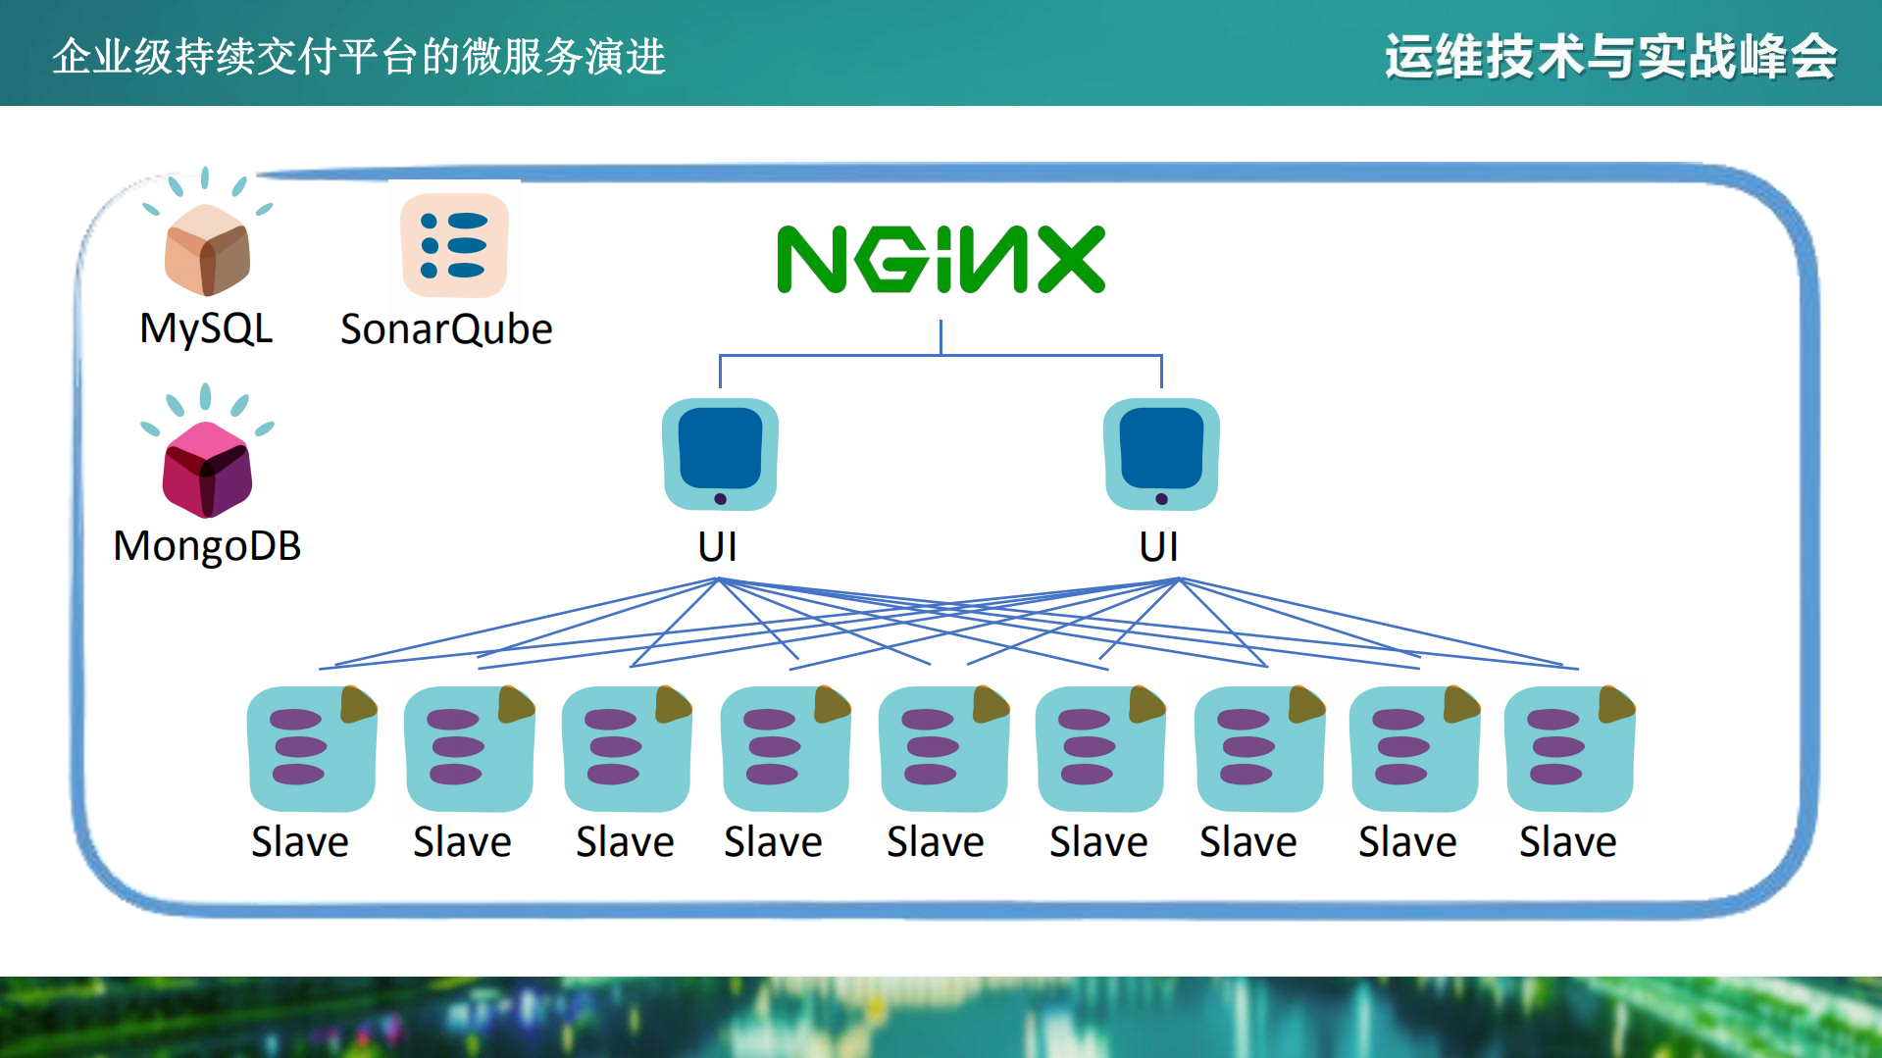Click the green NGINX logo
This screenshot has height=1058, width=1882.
pyautogui.click(x=941, y=259)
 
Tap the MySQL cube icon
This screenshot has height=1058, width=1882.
pyautogui.click(x=207, y=249)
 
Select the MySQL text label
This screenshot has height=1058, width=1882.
pyautogui.click(x=206, y=328)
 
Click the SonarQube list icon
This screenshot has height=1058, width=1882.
pyautogui.click(x=454, y=245)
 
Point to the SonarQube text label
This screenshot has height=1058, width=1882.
pyautogui.click(x=446, y=329)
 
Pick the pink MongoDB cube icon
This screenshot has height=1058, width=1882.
pyautogui.click(x=207, y=469)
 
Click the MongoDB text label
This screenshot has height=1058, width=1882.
pyautogui.click(x=207, y=546)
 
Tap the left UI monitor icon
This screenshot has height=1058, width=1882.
pyautogui.click(x=720, y=454)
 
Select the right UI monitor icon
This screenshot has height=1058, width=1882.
pyautogui.click(x=1161, y=454)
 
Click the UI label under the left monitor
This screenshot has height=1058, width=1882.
pyautogui.click(x=718, y=546)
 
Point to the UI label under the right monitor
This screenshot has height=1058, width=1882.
pyautogui.click(x=1159, y=546)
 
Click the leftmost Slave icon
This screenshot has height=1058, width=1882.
pyautogui.click(x=312, y=749)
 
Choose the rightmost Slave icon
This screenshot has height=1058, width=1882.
pyautogui.click(x=1569, y=749)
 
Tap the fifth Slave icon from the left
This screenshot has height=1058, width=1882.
pyautogui.click(x=943, y=749)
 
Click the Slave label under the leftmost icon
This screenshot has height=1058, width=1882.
pyautogui.click(x=300, y=842)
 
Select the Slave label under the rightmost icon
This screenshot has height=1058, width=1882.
pyautogui.click(x=1568, y=842)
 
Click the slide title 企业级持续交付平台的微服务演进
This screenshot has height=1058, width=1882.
pyautogui.click(x=359, y=56)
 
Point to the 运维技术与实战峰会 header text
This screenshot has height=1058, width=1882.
pyautogui.click(x=1610, y=56)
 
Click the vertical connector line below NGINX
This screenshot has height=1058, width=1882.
pyautogui.click(x=941, y=336)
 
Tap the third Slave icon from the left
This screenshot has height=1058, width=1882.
pyautogui.click(x=627, y=749)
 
